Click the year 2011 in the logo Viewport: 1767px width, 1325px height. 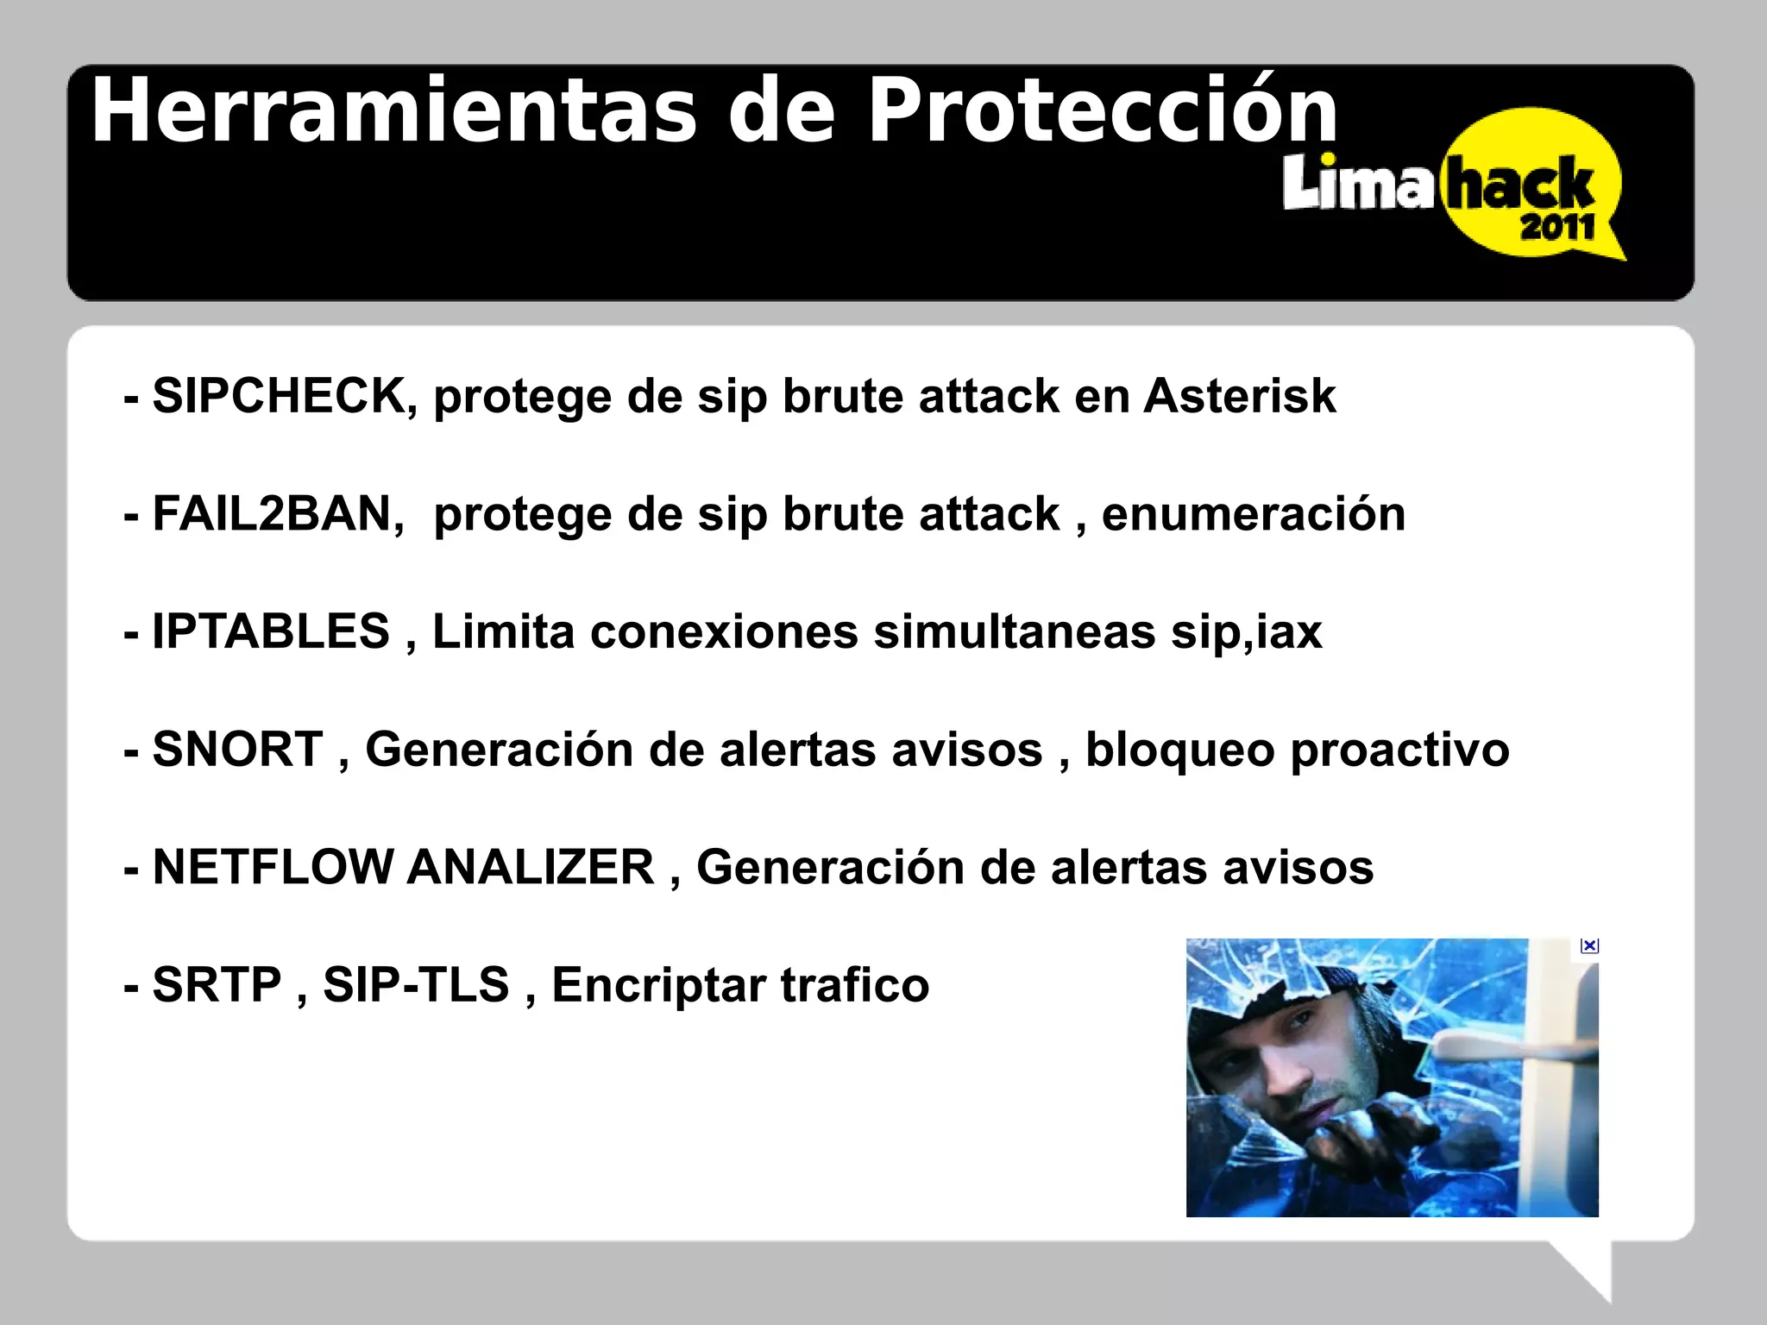pyautogui.click(x=1557, y=228)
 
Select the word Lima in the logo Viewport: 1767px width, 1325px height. pyautogui.click(x=1358, y=183)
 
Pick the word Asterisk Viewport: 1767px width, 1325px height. pyautogui.click(x=1239, y=396)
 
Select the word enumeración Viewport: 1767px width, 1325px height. pyautogui.click(x=1253, y=514)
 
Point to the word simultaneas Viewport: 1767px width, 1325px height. pyautogui.click(x=1015, y=631)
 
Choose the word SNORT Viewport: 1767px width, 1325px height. pyautogui.click(x=237, y=749)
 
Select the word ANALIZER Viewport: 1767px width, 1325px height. pyautogui.click(x=531, y=867)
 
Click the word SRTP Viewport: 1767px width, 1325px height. pyautogui.click(x=217, y=984)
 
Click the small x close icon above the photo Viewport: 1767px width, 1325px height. pyautogui.click(x=1589, y=946)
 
